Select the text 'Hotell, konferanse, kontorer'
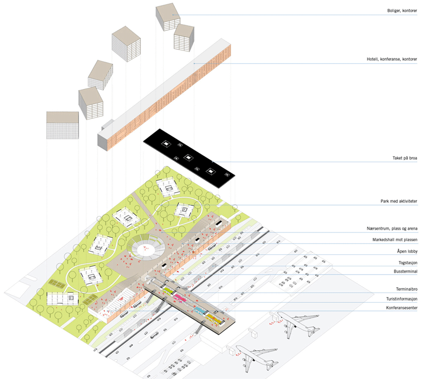point(392,60)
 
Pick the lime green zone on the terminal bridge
point(168,287)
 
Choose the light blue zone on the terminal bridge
point(199,309)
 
